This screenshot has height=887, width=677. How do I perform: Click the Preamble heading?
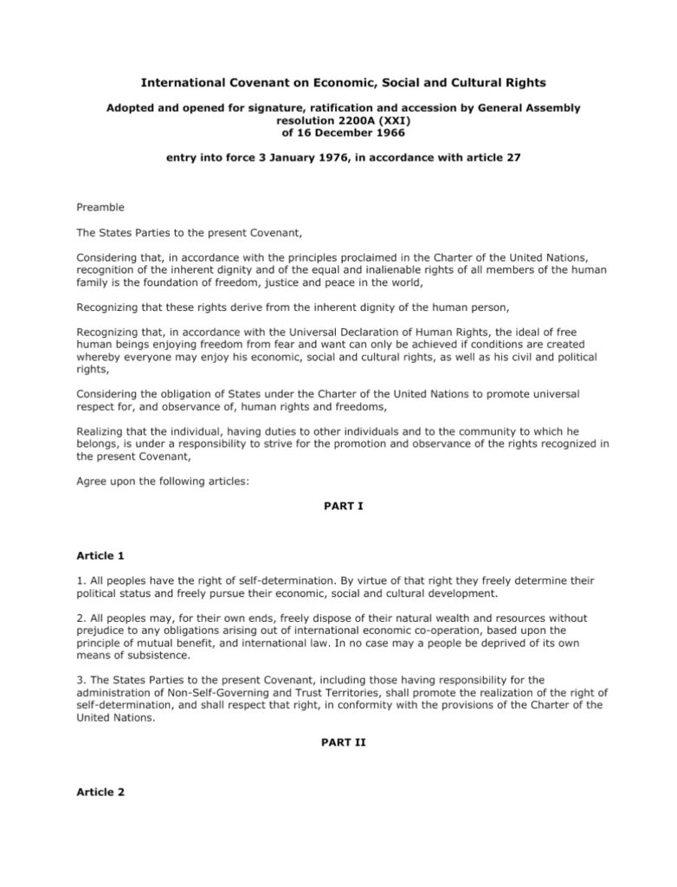point(100,207)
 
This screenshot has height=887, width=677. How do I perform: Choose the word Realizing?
point(103,430)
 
